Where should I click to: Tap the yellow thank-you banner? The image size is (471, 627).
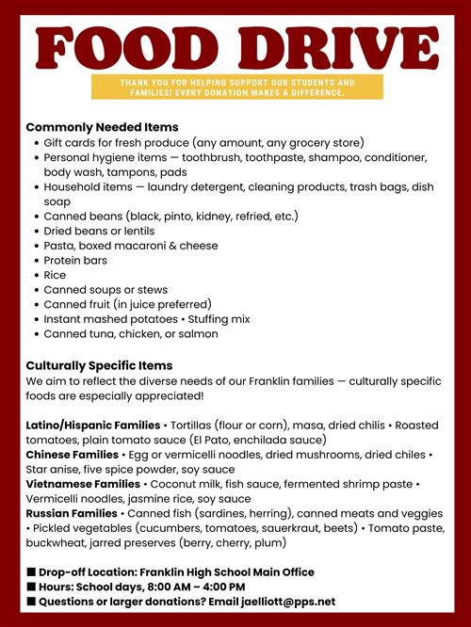237,88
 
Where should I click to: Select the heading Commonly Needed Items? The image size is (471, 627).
102,127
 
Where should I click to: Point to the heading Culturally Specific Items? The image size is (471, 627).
99,365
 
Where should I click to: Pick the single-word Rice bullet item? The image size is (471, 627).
55,275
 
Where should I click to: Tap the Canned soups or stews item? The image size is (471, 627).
104,289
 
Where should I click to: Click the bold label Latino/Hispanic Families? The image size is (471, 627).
93,425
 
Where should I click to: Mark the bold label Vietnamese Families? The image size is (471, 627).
83,484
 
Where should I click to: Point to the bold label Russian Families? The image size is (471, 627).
72,513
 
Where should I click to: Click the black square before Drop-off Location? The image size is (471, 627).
31,572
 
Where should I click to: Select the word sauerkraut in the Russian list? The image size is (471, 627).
308,528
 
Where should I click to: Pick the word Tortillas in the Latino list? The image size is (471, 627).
197,425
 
